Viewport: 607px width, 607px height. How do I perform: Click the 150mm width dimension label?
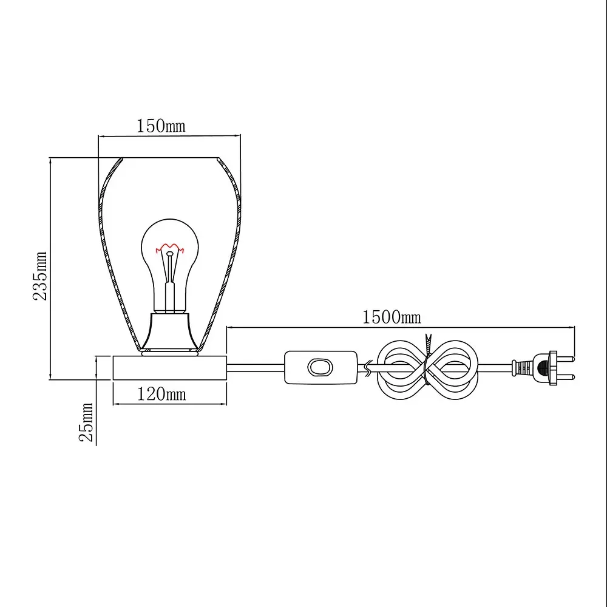point(161,126)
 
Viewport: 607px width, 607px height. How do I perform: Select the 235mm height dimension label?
point(40,276)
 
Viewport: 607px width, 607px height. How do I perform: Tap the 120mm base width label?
point(162,394)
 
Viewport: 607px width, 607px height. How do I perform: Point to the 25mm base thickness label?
point(86,422)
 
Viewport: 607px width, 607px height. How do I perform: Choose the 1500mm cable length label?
point(392,317)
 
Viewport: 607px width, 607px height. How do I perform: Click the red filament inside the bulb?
point(169,248)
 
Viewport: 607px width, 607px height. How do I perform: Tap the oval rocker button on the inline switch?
point(320,367)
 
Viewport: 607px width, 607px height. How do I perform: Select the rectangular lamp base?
point(169,368)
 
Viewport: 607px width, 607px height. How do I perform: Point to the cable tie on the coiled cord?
point(427,359)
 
